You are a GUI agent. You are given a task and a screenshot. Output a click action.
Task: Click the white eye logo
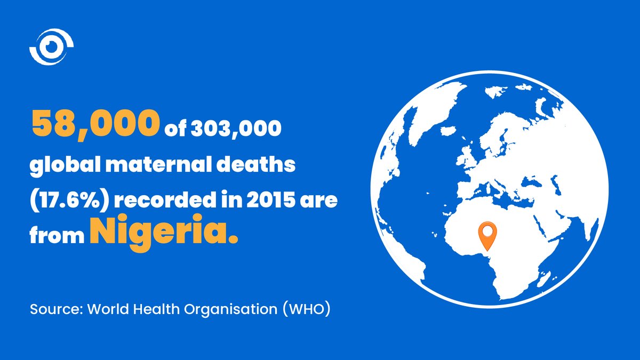(x=51, y=47)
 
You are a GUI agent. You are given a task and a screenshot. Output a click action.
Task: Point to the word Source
(x=53, y=309)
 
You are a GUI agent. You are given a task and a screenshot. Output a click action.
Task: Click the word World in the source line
(x=105, y=309)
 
